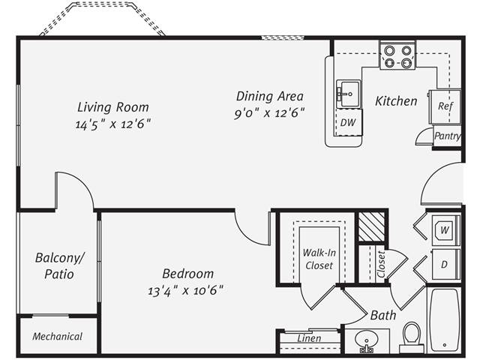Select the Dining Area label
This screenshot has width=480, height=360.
[269, 96]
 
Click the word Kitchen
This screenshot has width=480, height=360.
[396, 100]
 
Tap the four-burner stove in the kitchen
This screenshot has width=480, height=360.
[397, 56]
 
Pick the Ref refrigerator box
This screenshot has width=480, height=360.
[445, 106]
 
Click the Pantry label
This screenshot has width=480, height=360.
[448, 136]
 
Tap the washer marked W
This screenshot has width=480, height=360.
[444, 229]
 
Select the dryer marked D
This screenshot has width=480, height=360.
[444, 264]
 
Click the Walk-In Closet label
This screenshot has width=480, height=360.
[318, 259]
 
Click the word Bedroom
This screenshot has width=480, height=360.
[187, 274]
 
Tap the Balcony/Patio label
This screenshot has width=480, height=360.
[59, 266]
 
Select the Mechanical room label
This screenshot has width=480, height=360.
[57, 337]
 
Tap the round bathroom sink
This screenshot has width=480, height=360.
[367, 341]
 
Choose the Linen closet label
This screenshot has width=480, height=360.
[309, 338]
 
